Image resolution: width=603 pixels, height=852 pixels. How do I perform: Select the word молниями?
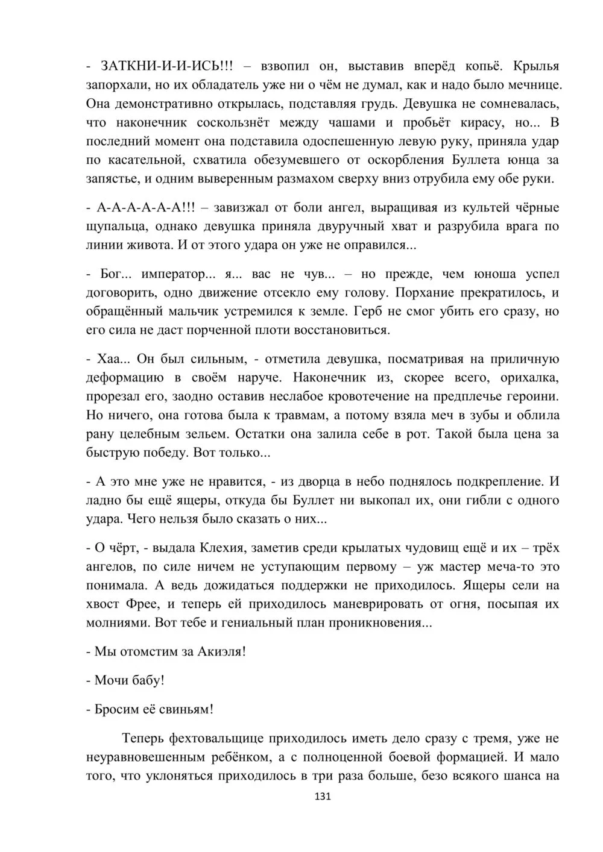pos(118,622)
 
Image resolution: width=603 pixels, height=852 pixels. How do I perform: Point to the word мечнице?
pos(534,84)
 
